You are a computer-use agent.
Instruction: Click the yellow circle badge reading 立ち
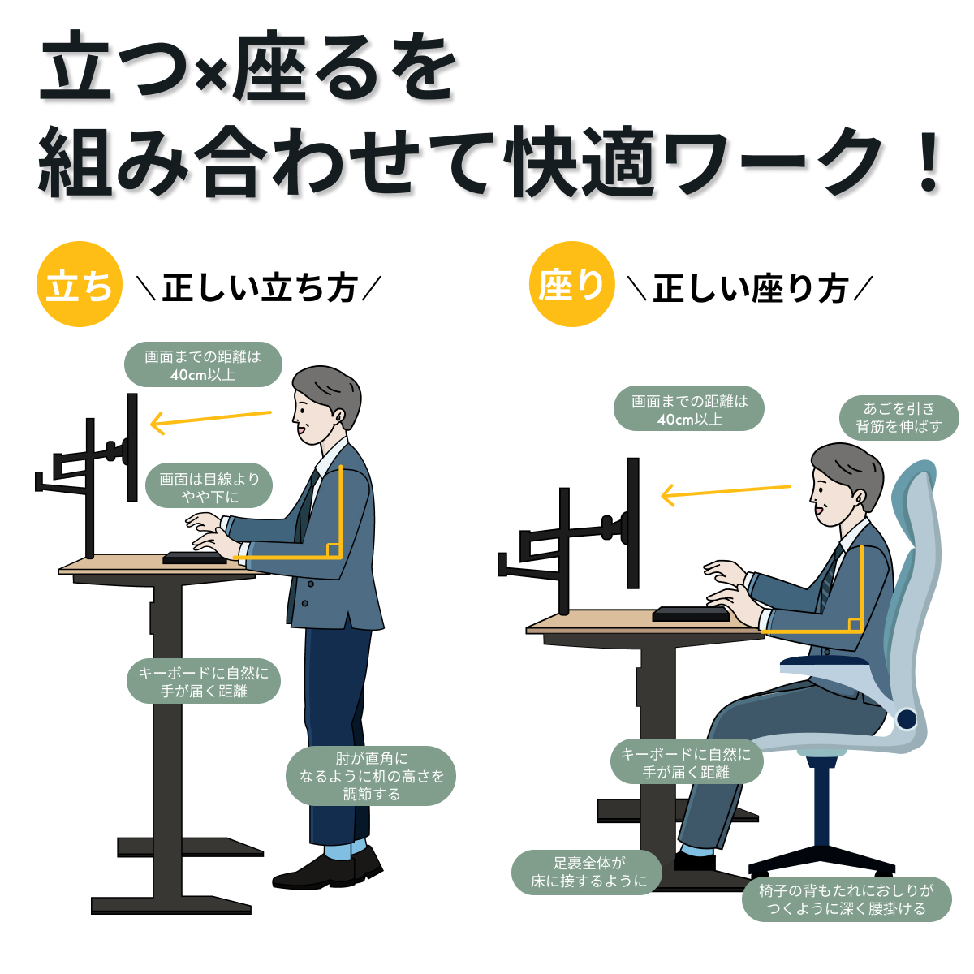(80, 284)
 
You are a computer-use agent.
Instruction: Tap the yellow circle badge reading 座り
(571, 284)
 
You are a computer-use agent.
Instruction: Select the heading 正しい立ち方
(260, 288)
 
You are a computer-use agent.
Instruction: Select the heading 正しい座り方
(750, 288)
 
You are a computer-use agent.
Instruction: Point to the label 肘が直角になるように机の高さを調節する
(371, 776)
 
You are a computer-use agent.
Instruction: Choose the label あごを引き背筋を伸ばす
(899, 417)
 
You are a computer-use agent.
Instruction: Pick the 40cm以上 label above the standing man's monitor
(203, 364)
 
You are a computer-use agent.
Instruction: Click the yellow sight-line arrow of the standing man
(211, 422)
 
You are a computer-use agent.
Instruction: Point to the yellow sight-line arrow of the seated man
(726, 493)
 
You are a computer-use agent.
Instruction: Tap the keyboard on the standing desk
(195, 558)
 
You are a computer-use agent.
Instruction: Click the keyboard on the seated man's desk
(691, 614)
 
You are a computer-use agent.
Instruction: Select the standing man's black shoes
(328, 868)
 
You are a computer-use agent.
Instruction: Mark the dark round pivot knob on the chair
(907, 718)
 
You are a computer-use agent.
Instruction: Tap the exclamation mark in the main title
(929, 162)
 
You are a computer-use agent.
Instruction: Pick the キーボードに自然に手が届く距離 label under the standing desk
(203, 681)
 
